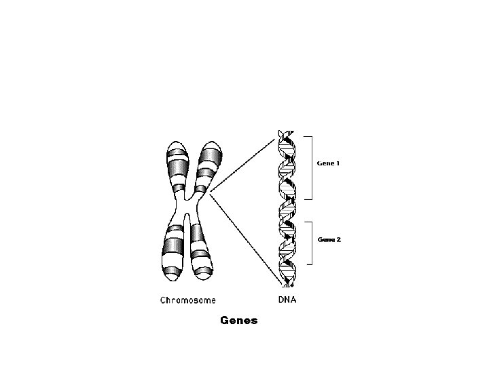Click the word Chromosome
pos(188,300)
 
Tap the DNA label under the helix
pos(287,299)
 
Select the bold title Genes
pos(239,321)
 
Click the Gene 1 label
pos(329,163)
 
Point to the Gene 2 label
pos(329,240)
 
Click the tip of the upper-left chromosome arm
pos(174,142)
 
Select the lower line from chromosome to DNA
pos(244,237)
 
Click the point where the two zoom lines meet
pos(211,194)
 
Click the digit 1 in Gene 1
pos(338,163)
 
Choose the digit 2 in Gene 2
pos(338,240)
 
